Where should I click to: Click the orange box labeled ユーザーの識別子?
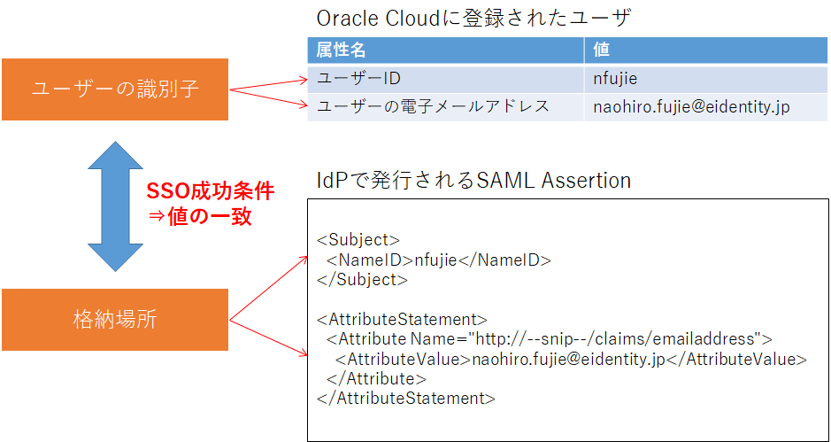click(x=115, y=89)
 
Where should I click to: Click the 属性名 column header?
click(x=342, y=50)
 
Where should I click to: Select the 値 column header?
click(x=602, y=50)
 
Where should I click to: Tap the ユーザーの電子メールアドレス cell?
click(x=434, y=107)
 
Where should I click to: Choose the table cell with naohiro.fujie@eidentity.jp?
click(x=691, y=107)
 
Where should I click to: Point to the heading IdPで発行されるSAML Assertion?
click(x=473, y=181)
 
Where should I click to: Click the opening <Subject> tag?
click(x=358, y=240)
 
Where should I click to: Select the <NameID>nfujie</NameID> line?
click(x=438, y=260)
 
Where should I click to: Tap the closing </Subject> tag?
click(x=362, y=279)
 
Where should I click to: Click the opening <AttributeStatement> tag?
click(x=402, y=319)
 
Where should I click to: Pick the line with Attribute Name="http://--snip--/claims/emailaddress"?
click(x=549, y=338)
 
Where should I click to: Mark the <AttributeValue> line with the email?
click(x=571, y=359)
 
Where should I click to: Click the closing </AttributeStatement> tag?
click(x=405, y=398)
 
